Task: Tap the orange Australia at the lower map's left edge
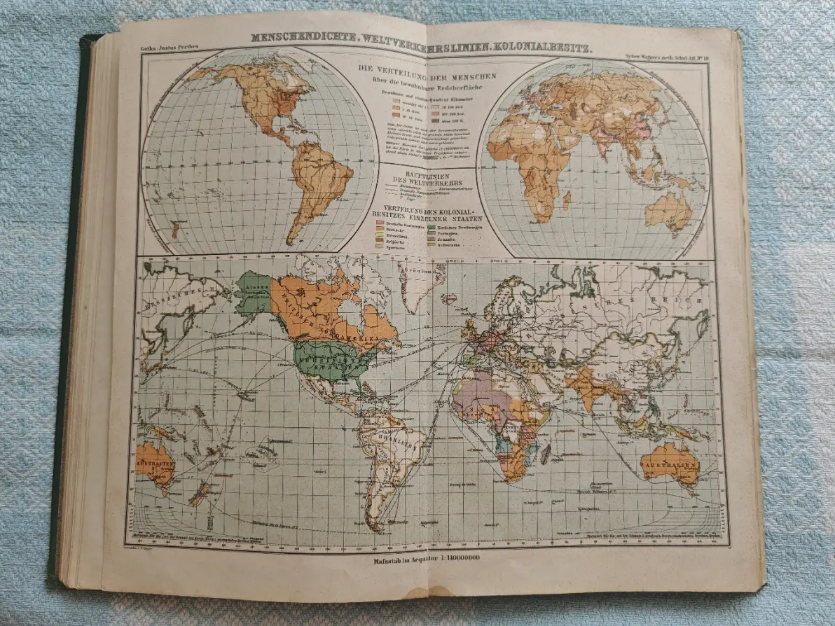tap(155, 462)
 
